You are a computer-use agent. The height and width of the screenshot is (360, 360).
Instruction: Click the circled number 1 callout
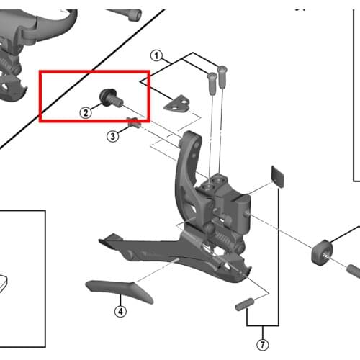pyautogui.click(x=156, y=56)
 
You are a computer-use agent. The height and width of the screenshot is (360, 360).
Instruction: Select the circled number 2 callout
pyautogui.click(x=86, y=113)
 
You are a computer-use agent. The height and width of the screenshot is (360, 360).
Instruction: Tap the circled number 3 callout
pyautogui.click(x=112, y=136)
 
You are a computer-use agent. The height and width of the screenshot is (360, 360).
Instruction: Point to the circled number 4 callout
pyautogui.click(x=120, y=312)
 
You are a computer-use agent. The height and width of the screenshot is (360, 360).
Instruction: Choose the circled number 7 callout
pyautogui.click(x=263, y=345)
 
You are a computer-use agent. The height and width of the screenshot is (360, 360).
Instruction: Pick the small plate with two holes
pyautogui.click(x=177, y=103)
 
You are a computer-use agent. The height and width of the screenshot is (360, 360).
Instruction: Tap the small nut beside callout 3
pyautogui.click(x=133, y=122)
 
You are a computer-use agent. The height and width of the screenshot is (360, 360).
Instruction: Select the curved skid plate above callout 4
pyautogui.click(x=120, y=292)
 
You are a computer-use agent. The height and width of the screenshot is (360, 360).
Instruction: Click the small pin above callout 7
pyautogui.click(x=245, y=305)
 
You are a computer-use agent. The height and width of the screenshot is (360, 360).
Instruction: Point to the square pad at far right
pyautogui.click(x=277, y=176)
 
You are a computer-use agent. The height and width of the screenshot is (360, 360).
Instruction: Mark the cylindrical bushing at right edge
pyautogui.click(x=323, y=253)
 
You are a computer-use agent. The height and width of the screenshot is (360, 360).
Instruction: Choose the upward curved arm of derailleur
pyautogui.click(x=189, y=168)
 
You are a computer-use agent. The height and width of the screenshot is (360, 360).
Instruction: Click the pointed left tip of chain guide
pyautogui.click(x=99, y=240)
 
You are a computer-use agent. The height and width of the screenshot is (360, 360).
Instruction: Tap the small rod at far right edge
pyautogui.click(x=354, y=271)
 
